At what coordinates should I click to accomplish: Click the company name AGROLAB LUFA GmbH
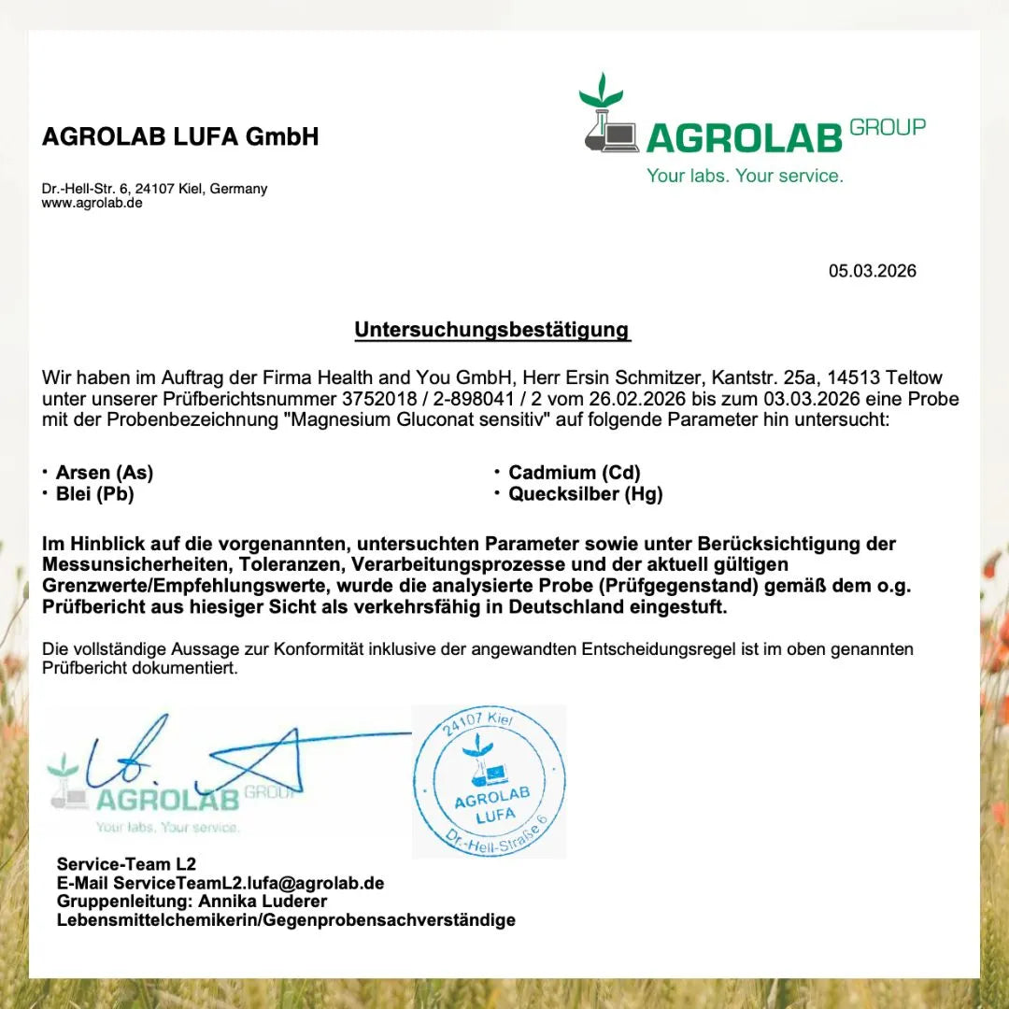click(x=180, y=137)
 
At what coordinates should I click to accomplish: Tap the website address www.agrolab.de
click(x=92, y=203)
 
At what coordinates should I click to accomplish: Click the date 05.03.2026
click(x=872, y=271)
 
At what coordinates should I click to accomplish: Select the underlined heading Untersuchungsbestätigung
click(x=492, y=330)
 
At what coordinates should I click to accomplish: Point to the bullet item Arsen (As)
click(x=104, y=473)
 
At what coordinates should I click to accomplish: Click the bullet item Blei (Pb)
click(x=94, y=494)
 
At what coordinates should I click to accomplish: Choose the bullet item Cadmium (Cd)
click(x=574, y=473)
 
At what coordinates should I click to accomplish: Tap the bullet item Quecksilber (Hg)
click(x=585, y=494)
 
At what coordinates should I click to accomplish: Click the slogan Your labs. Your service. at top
click(x=745, y=176)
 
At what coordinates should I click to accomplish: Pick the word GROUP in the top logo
click(x=888, y=127)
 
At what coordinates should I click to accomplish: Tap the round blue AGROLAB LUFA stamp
click(x=490, y=781)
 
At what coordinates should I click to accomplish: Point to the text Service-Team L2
click(x=126, y=864)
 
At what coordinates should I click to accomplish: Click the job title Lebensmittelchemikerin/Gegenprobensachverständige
click(x=286, y=920)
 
